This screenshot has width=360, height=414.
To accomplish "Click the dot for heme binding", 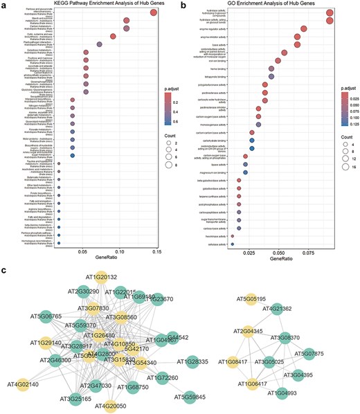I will pyautogui.click(x=271, y=69).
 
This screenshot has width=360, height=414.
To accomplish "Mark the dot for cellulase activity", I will pyautogui.click(x=232, y=243).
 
